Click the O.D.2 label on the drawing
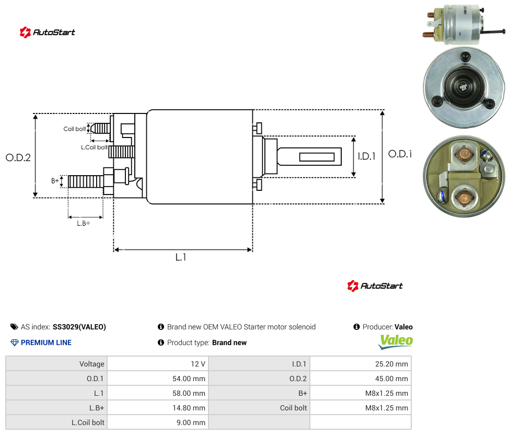point(18,158)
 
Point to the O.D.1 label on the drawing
point(400,154)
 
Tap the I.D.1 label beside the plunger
point(367,156)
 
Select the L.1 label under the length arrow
point(181,257)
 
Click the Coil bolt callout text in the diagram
point(75,129)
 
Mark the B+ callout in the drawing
point(55,180)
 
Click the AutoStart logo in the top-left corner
point(48,32)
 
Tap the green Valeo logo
point(396,341)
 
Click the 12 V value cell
point(158,364)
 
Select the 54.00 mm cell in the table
point(158,379)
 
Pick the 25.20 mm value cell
point(361,364)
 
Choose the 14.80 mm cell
point(158,408)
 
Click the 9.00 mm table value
point(158,422)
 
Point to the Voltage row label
point(92,364)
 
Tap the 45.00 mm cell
point(361,379)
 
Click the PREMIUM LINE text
point(46,342)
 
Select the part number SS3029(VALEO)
point(79,327)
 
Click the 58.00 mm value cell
point(158,393)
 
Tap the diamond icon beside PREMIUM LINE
point(15,342)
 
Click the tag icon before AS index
point(14,327)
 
